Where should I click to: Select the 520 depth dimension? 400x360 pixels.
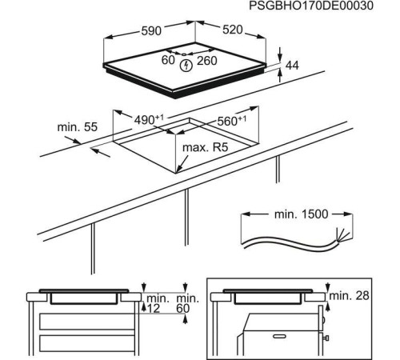227,30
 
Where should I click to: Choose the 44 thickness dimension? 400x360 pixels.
292,66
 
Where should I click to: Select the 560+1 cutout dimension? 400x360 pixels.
233,122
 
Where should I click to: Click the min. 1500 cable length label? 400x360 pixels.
298,217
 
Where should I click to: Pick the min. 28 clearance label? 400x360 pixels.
352,297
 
